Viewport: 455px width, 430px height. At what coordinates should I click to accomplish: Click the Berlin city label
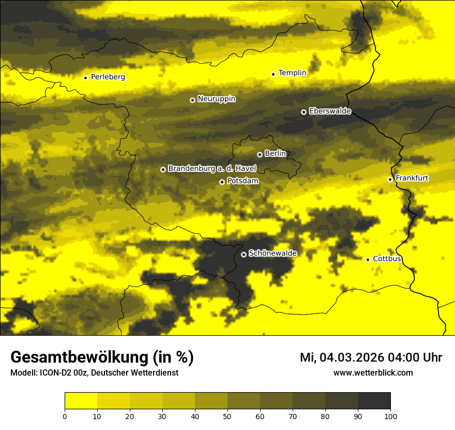click(x=275, y=153)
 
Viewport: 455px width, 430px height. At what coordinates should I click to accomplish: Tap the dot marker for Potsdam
click(x=222, y=182)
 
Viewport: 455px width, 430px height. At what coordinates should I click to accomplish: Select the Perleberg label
click(x=108, y=77)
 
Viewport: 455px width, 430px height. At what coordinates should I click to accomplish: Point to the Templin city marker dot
click(x=273, y=74)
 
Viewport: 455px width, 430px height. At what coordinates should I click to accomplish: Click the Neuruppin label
click(x=216, y=99)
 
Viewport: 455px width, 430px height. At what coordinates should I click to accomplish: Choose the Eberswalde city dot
click(x=304, y=112)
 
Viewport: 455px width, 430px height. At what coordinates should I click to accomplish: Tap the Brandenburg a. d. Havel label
click(x=212, y=168)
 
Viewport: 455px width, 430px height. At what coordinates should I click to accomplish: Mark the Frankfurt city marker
click(x=390, y=179)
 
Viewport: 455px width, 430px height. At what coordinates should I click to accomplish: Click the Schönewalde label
click(x=272, y=253)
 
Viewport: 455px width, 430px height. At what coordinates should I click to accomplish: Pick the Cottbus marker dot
click(x=368, y=260)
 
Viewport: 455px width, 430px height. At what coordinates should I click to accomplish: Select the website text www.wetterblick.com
click(x=373, y=372)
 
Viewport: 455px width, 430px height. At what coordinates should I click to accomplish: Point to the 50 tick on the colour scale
click(x=228, y=415)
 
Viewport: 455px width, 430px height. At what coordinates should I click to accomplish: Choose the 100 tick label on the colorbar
click(x=390, y=415)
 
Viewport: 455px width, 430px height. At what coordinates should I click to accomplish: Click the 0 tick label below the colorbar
click(x=65, y=415)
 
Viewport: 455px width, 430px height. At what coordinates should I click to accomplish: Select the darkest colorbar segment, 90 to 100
click(x=374, y=401)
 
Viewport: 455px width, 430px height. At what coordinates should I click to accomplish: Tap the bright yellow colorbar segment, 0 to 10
click(x=81, y=401)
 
